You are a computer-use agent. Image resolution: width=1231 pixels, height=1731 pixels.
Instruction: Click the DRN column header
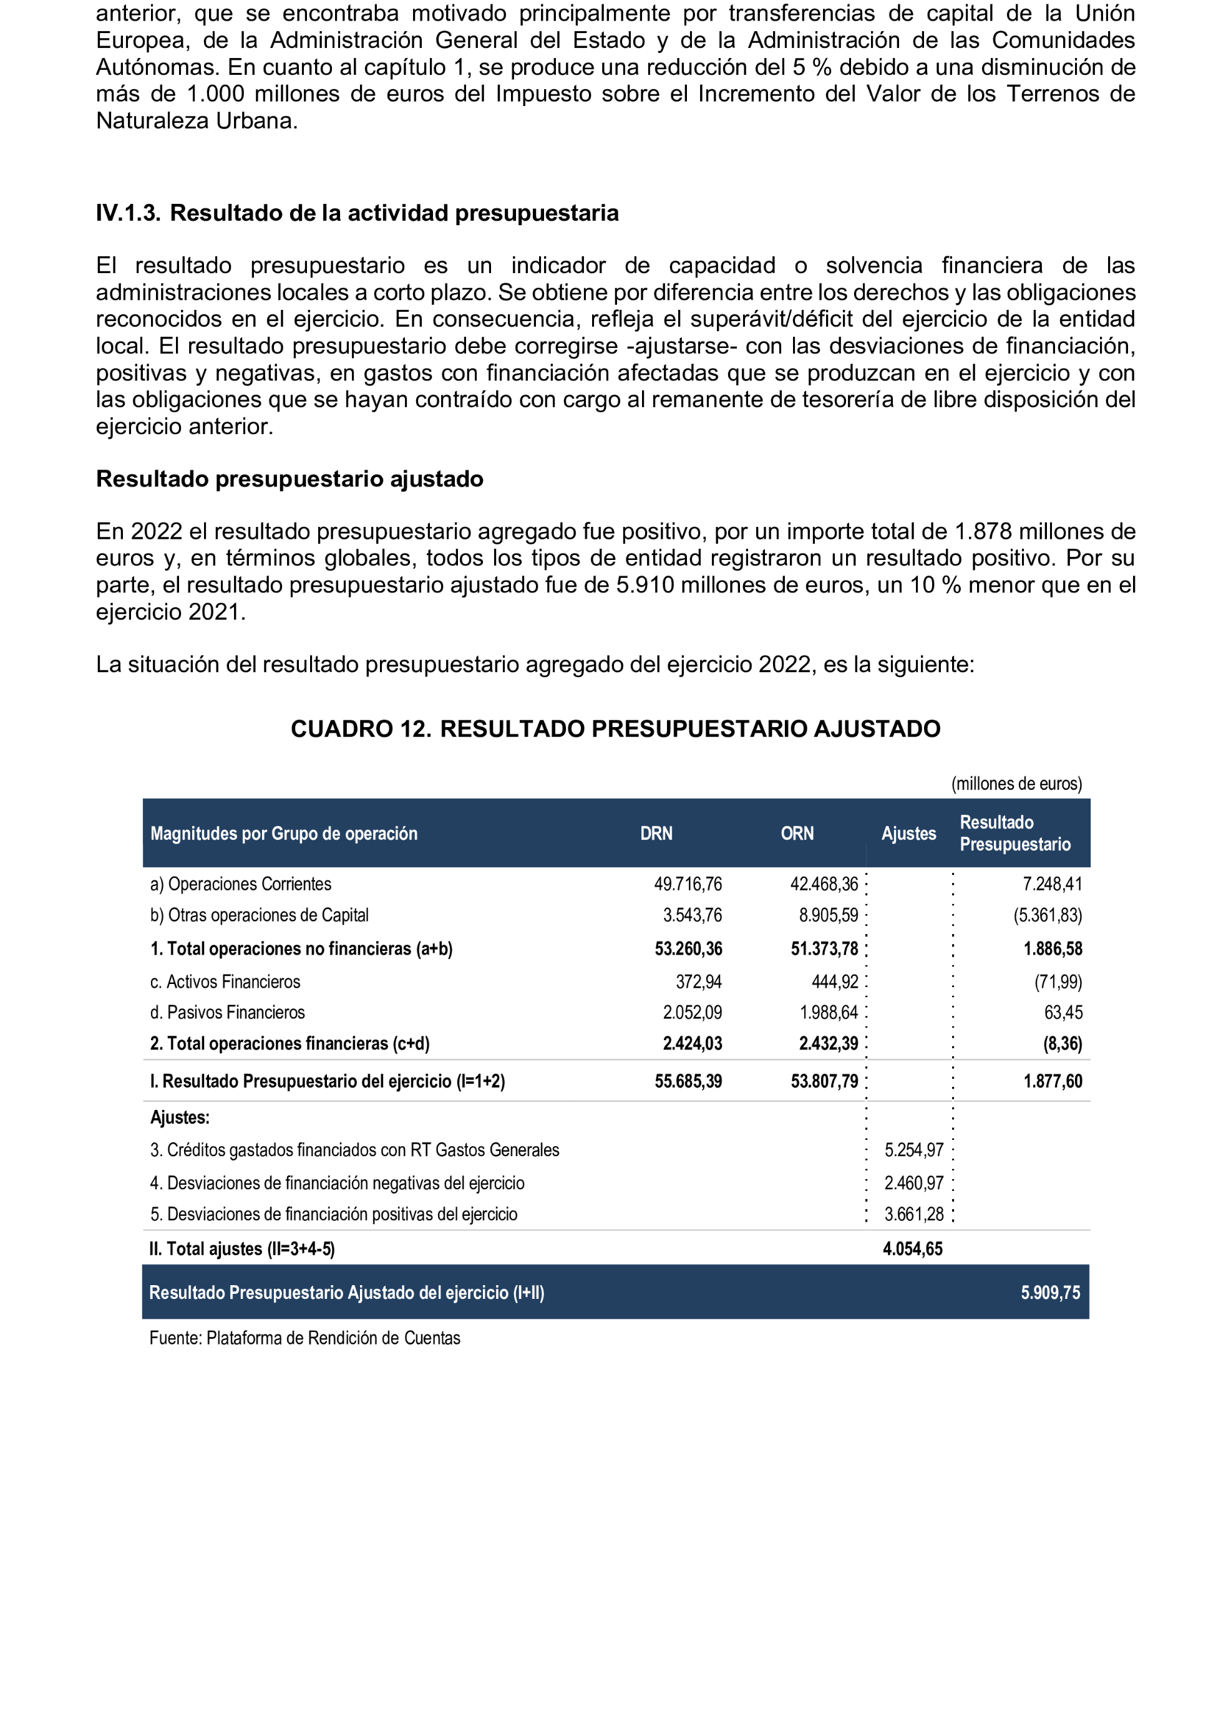(656, 833)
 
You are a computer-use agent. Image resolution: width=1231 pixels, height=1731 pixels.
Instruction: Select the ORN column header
(797, 833)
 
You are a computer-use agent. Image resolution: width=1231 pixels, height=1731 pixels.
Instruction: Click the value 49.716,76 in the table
(688, 884)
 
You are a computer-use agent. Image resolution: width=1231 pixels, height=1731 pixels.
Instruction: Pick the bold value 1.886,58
(1052, 948)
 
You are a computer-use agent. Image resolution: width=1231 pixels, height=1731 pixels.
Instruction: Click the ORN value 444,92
(835, 981)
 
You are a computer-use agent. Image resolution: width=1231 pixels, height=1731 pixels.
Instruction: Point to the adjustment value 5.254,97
(913, 1150)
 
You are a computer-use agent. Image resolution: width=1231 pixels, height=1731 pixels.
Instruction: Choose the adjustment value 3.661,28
(913, 1214)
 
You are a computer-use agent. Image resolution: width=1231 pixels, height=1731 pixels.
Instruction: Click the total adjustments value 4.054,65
(912, 1249)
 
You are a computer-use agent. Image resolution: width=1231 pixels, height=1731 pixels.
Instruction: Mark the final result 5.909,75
(1050, 1293)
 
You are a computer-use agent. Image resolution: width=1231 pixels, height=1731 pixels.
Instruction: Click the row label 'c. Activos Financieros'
(225, 981)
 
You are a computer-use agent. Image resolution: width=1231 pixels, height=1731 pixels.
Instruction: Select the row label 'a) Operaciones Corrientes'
(240, 884)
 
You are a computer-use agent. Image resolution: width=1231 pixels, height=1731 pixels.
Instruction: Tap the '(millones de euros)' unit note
(1016, 783)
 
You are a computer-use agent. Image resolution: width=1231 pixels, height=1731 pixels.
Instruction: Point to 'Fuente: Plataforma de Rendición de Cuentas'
(304, 1338)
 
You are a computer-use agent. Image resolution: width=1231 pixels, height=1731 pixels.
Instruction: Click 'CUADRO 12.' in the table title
(361, 729)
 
